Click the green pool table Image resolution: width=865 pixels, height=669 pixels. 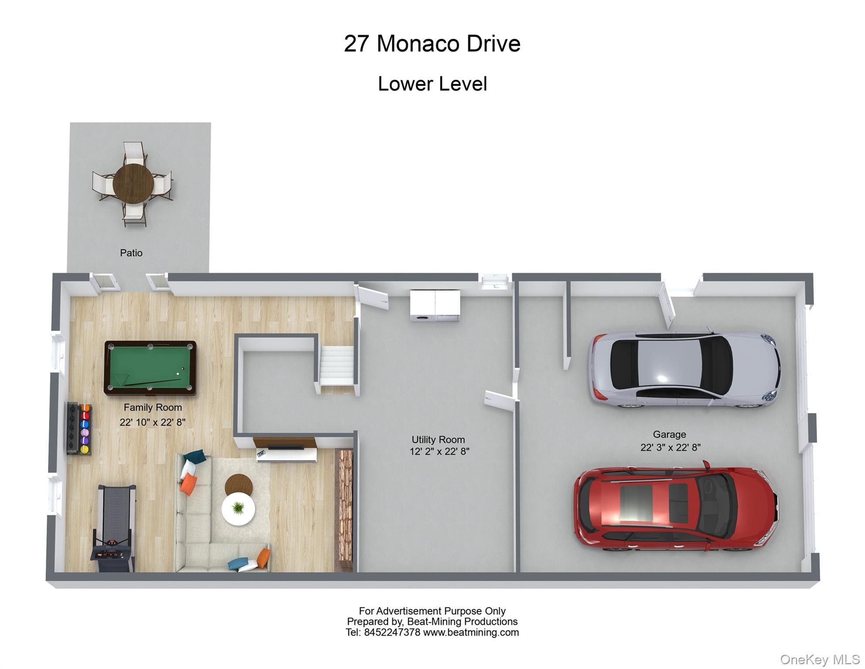pos(150,368)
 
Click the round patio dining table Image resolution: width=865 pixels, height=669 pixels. pos(133,183)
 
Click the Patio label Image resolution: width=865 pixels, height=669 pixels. pos(131,253)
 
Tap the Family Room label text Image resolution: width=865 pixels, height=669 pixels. pos(153,407)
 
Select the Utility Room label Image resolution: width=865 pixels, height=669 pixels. pos(438,439)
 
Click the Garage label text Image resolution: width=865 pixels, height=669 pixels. pos(669,434)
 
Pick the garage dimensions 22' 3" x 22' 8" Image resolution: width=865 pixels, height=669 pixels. pos(671,447)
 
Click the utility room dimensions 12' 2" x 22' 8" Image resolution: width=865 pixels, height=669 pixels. pos(439,452)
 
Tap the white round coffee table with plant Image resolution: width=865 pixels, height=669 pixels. pos(238,508)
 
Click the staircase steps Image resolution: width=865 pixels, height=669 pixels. pos(336,365)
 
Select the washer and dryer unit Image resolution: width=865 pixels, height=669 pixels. pos(435,305)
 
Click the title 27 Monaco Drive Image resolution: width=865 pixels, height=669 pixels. pos(432,44)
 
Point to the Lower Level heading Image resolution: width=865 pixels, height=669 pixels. pos(432,84)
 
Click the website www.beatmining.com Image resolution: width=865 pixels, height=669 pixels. pos(471,632)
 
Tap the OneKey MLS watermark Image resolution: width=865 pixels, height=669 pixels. pos(820,659)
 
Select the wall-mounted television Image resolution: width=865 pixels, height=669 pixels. pos(286,447)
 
